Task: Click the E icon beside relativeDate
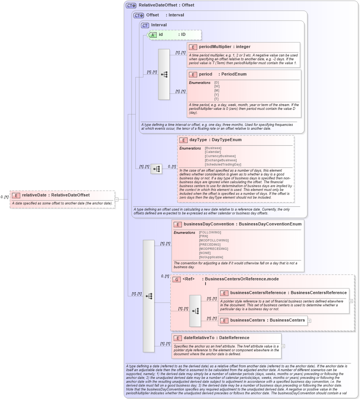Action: point(16,195)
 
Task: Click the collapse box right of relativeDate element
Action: point(117,199)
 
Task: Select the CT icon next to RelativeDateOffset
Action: point(131,5)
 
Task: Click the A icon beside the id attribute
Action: point(153,35)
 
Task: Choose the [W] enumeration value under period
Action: point(217,87)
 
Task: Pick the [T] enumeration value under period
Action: point(216,99)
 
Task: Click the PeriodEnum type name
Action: point(234,74)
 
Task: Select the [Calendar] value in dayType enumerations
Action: point(213,152)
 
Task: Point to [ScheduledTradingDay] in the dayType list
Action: point(223,164)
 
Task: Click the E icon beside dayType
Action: point(183,140)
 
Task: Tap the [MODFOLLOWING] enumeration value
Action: point(214,240)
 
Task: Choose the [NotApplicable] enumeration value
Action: point(211,257)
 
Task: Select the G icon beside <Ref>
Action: point(176,280)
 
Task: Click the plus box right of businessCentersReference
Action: point(351,301)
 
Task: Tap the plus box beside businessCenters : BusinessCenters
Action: point(309,320)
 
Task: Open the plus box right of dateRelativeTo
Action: point(283,346)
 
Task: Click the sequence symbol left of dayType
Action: point(156,169)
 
